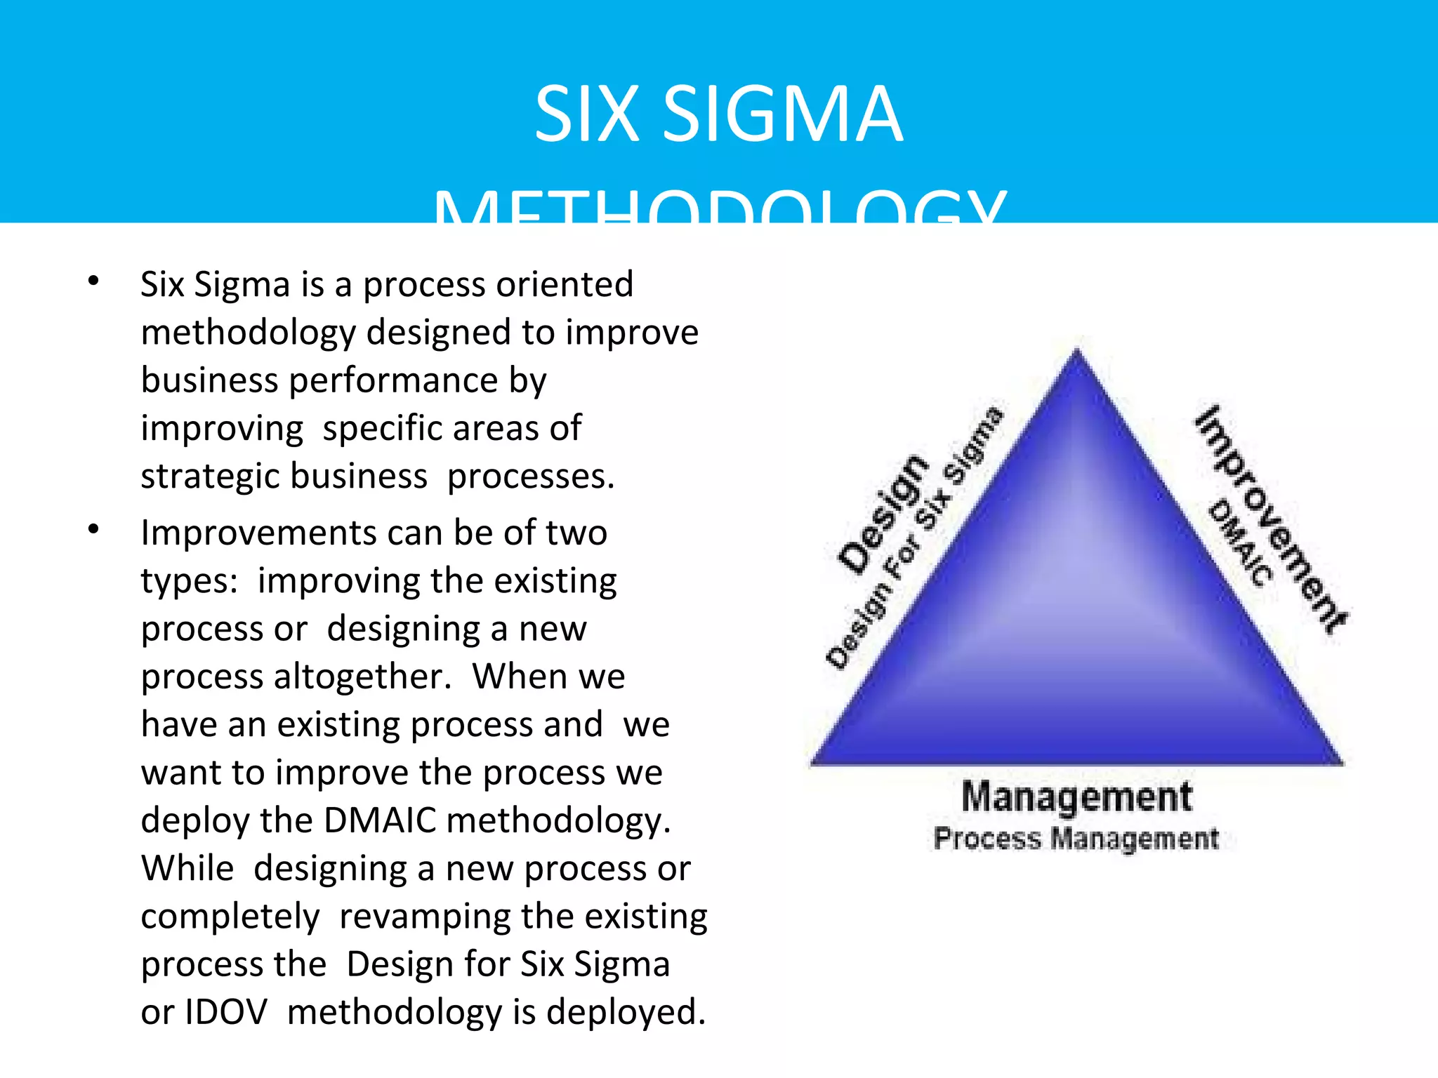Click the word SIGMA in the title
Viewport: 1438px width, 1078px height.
[x=782, y=114]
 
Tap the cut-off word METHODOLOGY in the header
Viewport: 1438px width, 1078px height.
[x=719, y=207]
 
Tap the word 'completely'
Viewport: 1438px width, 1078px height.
[x=230, y=917]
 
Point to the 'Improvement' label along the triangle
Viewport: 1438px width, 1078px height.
[x=1272, y=519]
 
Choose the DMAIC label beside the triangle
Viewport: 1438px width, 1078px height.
[x=1240, y=543]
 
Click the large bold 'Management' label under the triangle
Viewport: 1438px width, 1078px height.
[x=1076, y=797]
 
